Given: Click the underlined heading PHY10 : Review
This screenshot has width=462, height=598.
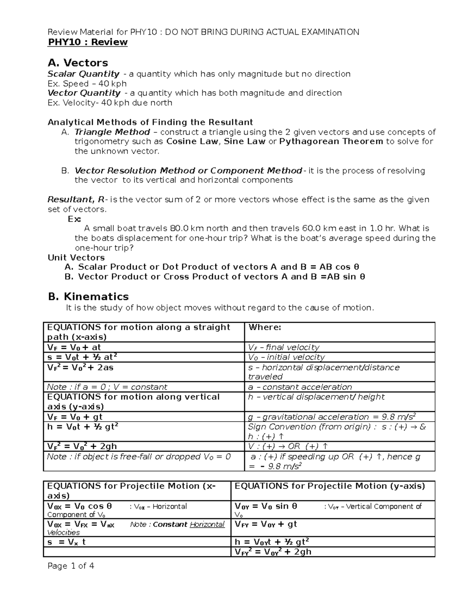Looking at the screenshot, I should tap(87, 42).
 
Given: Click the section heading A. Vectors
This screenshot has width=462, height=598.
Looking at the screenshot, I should tap(78, 62).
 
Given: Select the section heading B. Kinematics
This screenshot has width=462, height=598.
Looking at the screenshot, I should tap(88, 296).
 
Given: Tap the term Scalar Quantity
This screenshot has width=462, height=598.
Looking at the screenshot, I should tap(83, 74).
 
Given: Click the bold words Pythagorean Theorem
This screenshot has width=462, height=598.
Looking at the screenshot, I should tap(331, 141).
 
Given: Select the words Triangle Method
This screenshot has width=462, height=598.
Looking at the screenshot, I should tap(112, 132).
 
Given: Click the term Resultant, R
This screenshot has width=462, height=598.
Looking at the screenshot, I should tap(76, 199).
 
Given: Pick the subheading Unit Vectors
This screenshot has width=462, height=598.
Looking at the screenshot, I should tap(76, 257).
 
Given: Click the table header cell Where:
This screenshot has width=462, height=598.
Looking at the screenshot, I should tap(265, 327).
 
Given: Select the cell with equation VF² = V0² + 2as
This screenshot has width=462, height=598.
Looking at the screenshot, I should tap(80, 367).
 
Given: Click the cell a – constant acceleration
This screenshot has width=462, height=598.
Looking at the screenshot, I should tap(300, 387).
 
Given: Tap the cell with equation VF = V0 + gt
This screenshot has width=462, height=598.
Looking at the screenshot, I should tap(75, 417).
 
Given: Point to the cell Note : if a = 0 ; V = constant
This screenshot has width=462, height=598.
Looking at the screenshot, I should tap(107, 387).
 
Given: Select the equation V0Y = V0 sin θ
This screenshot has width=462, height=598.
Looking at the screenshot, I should tap(266, 506).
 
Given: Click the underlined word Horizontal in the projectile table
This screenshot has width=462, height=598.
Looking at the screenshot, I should tap(207, 524).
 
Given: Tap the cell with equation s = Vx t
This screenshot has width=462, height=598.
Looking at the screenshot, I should tap(66, 542).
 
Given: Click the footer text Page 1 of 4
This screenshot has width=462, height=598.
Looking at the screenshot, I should tap(71, 566).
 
